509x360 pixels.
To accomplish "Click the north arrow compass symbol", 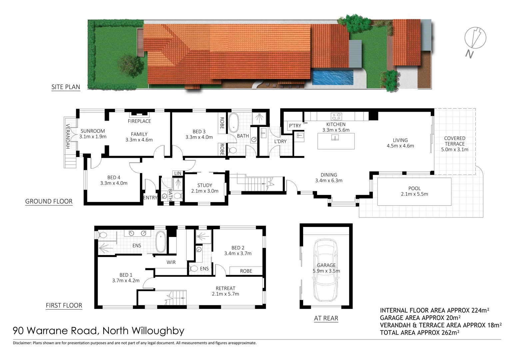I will pyautogui.click(x=475, y=38).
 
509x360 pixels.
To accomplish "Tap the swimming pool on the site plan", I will pyautogui.click(x=332, y=77).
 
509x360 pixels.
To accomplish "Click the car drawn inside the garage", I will pyautogui.click(x=326, y=270).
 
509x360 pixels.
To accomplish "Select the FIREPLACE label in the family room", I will pyautogui.click(x=139, y=121).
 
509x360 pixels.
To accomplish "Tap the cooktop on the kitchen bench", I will pyautogui.click(x=336, y=116).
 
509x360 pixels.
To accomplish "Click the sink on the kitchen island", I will pyautogui.click(x=335, y=137).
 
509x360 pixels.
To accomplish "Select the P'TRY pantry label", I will pyautogui.click(x=295, y=126).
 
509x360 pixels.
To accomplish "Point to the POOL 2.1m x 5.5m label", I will pyautogui.click(x=414, y=191).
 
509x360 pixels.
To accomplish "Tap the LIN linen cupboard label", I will pyautogui.click(x=178, y=173).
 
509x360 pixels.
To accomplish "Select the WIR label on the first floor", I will pyautogui.click(x=171, y=262).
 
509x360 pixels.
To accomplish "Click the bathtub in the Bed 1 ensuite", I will pyautogui.click(x=161, y=242).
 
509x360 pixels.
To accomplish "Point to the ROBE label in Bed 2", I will pyautogui.click(x=246, y=271).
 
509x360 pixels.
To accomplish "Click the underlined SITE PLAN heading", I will pyautogui.click(x=66, y=87).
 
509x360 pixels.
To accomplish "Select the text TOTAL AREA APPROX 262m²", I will pyautogui.click(x=419, y=332).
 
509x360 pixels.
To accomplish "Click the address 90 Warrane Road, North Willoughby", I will pyautogui.click(x=98, y=331).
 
